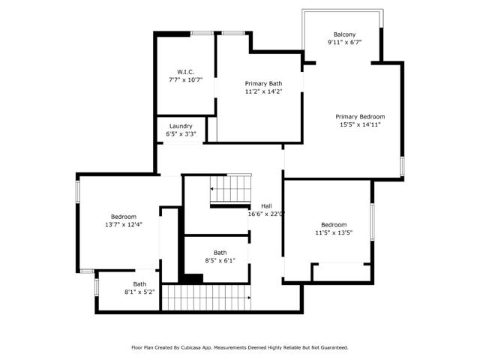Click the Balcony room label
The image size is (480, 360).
point(344,34)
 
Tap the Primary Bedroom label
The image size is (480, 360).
point(360,116)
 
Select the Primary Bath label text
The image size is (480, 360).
point(263,83)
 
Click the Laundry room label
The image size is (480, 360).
point(181,126)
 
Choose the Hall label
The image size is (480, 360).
point(266,206)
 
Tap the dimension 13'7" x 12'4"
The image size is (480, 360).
point(124,224)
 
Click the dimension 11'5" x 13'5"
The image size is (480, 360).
point(334,232)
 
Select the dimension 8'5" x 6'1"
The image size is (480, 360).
point(220,261)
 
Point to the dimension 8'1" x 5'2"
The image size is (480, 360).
point(140,292)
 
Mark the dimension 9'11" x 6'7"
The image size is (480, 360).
point(344,43)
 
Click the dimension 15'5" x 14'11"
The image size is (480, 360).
point(360,124)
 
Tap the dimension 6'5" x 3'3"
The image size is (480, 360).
point(181,134)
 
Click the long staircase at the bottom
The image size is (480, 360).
point(206,297)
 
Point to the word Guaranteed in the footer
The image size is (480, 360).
point(331,347)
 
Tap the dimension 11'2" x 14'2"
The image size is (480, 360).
point(263,91)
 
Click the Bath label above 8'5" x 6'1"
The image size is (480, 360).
point(220,253)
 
